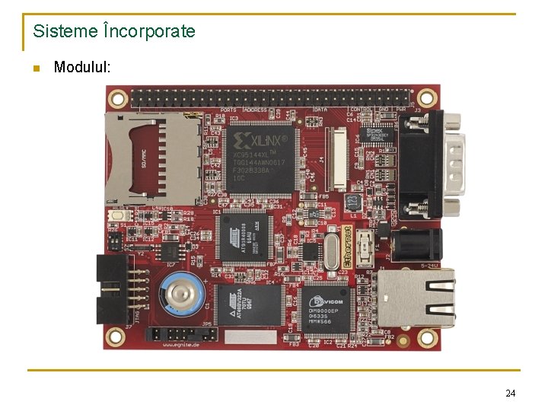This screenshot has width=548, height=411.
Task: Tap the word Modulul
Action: click(x=82, y=68)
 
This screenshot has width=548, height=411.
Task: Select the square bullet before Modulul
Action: click(x=36, y=69)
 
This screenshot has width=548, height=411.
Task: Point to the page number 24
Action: click(x=510, y=393)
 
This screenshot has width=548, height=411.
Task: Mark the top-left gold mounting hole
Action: click(x=117, y=97)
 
